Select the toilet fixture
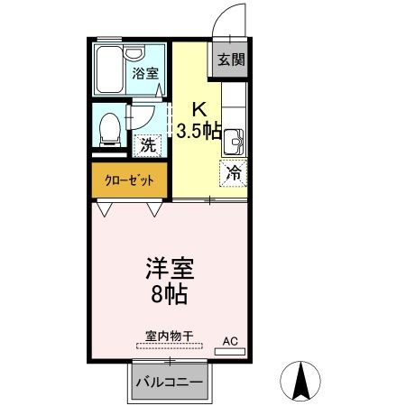coord(111,125)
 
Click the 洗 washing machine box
coord(146,143)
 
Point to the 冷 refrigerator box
coord(233,171)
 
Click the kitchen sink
coord(233,141)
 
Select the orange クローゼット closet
coord(128,180)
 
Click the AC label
coord(230,340)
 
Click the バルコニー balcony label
coord(170,381)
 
